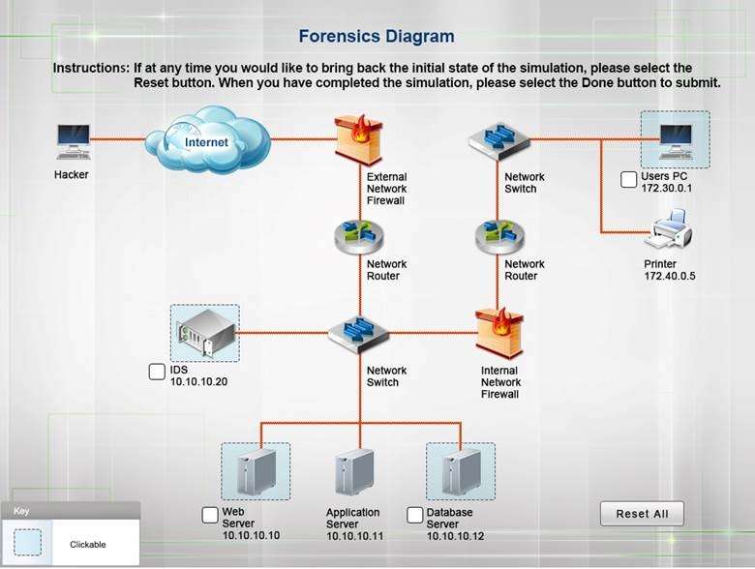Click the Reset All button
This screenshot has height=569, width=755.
(x=642, y=514)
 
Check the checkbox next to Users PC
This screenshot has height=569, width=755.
(x=629, y=179)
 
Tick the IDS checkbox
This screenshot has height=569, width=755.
(x=157, y=372)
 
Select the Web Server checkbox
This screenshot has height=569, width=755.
(x=210, y=515)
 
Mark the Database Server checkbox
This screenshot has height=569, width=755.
(x=415, y=515)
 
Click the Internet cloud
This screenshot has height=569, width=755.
(x=206, y=141)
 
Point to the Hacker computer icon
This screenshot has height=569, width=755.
(x=73, y=141)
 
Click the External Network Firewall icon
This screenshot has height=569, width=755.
(x=354, y=139)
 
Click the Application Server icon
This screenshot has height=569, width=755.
(x=354, y=473)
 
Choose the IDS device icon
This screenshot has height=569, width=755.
(x=205, y=333)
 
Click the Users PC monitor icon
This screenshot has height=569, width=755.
(x=675, y=138)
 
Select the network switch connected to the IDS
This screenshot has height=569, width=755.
(x=357, y=334)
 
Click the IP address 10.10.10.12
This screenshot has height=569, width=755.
(x=455, y=535)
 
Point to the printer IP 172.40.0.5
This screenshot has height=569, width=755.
(x=670, y=276)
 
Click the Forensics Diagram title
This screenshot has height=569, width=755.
(x=376, y=37)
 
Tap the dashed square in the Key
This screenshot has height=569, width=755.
(x=28, y=542)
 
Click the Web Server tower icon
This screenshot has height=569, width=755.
(x=255, y=472)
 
